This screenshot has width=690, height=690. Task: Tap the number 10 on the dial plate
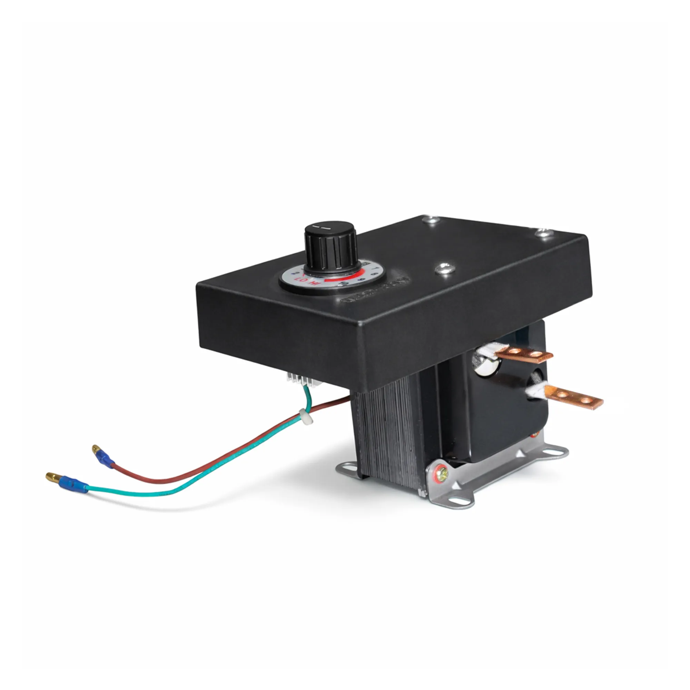click(344, 284)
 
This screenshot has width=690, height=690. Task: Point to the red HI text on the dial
click(314, 283)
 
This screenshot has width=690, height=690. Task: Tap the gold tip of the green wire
click(52, 476)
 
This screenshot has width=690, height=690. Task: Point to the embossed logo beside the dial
click(375, 290)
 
